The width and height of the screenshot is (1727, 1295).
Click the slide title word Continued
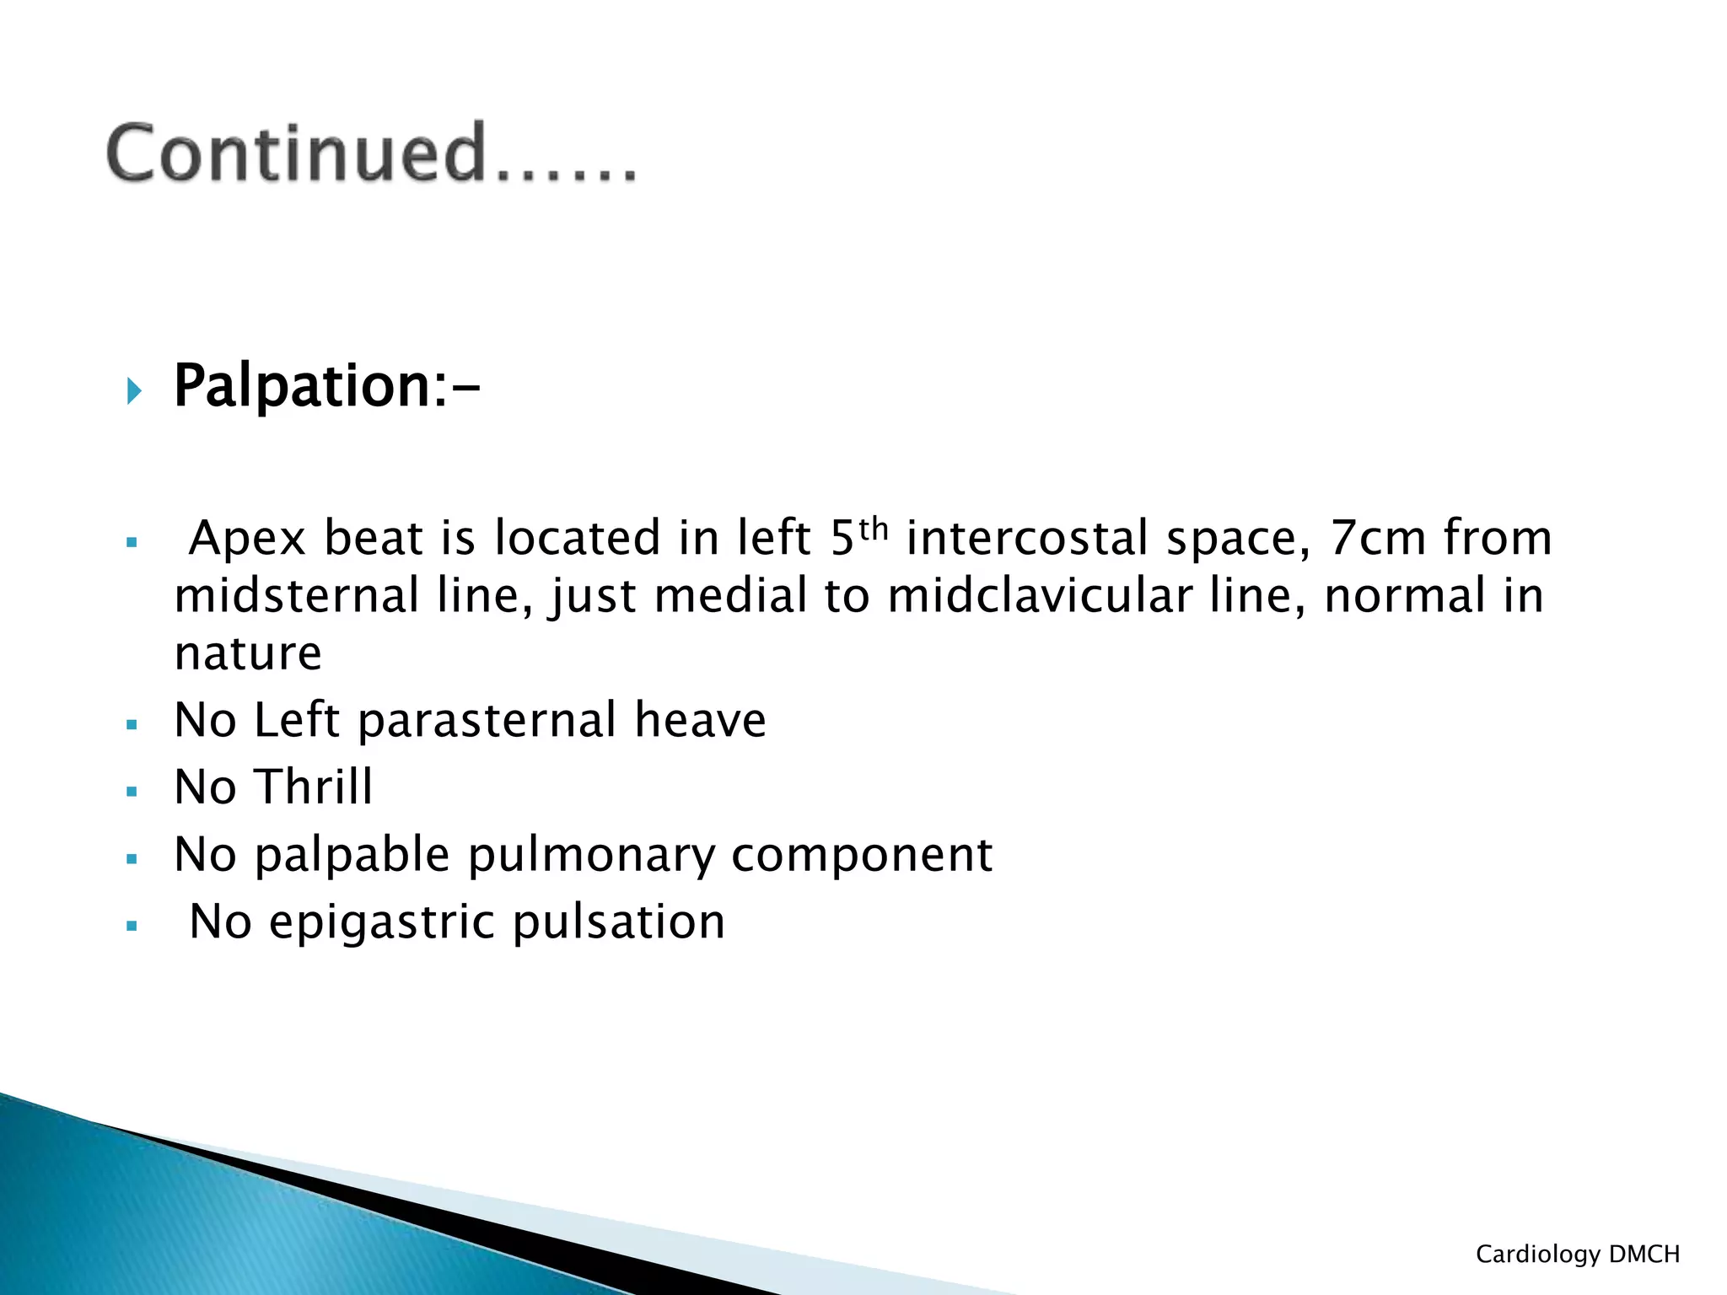click(x=296, y=153)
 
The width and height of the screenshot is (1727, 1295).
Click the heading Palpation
click(x=303, y=386)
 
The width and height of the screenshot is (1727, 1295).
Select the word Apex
click(x=247, y=540)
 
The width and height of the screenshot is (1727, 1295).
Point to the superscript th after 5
click(x=874, y=529)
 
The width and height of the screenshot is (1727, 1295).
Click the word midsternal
click(x=297, y=595)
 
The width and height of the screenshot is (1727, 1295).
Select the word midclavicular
click(x=1040, y=595)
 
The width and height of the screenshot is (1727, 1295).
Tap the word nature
click(x=248, y=654)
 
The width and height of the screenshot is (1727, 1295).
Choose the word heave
click(x=700, y=721)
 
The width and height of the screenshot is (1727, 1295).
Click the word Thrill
click(x=314, y=787)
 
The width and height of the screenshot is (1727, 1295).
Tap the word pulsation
click(x=619, y=922)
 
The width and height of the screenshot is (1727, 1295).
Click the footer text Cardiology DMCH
click(x=1578, y=1255)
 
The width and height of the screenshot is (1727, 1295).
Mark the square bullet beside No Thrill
click(x=132, y=792)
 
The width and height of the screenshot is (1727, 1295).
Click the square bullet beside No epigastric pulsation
click(x=132, y=926)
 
